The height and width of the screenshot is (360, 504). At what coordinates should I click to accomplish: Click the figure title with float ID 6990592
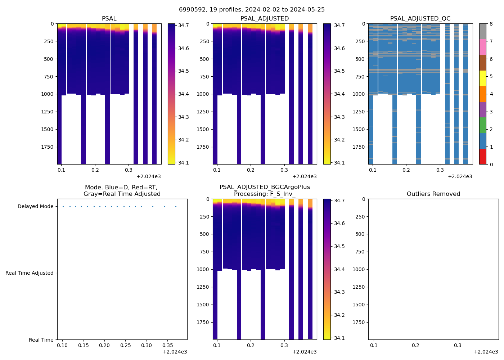click(x=252, y=10)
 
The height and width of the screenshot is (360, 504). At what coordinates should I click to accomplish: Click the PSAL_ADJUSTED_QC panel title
click(x=420, y=19)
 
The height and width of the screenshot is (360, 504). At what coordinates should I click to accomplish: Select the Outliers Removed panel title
click(x=433, y=194)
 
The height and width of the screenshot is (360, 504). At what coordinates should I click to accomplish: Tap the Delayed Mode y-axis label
click(x=35, y=207)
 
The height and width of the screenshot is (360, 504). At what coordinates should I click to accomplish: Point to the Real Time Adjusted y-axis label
click(x=29, y=273)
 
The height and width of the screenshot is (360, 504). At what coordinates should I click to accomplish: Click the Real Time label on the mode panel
click(x=41, y=340)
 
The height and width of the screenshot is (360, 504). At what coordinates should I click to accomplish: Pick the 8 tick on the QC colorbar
click(x=491, y=24)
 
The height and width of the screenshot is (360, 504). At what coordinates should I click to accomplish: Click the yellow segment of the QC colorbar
click(x=482, y=78)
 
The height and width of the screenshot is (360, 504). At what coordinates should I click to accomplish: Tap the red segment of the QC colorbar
click(x=482, y=157)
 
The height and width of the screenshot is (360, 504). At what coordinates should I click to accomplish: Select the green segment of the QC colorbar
click(x=482, y=125)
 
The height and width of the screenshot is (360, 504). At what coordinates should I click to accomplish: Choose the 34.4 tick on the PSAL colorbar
click(x=184, y=94)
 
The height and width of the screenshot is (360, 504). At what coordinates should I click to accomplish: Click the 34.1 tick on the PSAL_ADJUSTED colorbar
click(x=339, y=163)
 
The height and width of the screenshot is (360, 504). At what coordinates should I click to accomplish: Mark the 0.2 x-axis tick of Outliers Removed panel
click(x=416, y=345)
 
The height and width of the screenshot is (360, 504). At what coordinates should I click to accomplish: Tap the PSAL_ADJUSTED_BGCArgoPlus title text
click(x=265, y=187)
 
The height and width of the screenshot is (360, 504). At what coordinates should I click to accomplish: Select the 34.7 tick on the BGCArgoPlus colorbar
click(x=339, y=201)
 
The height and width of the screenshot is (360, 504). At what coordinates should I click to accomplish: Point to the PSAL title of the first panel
click(x=109, y=19)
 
